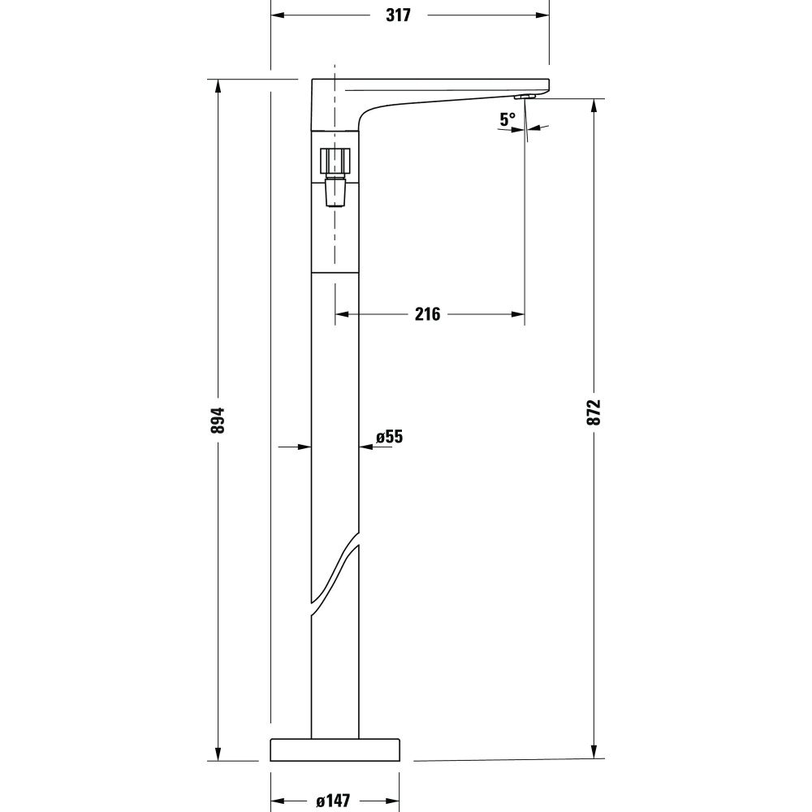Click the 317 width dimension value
coord(398,15)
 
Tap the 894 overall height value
coord(218,420)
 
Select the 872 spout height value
coord(594,412)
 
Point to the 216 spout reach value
coord(427,313)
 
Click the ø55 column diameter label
coord(390,437)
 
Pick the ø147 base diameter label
coord(333,801)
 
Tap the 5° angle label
coord(508,119)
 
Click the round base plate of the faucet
coord(335,749)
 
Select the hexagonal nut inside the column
coord(335,162)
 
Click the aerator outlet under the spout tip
coord(525,97)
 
